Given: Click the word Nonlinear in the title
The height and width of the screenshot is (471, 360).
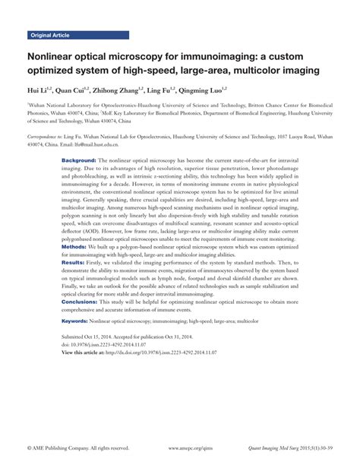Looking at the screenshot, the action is pos(55,56).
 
